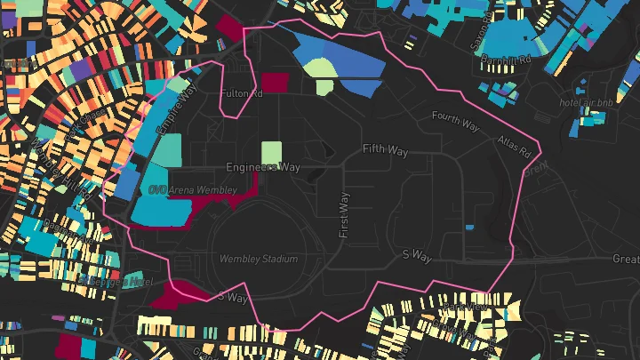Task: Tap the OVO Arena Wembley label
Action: [193, 190]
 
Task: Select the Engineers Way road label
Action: [263, 167]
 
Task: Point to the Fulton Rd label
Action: [242, 92]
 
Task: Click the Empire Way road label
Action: [174, 116]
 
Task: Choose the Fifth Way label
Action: [384, 149]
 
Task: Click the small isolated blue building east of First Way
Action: [469, 228]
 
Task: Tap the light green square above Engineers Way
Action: [271, 152]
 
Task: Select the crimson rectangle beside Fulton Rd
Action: [275, 83]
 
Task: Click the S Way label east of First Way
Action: [417, 256]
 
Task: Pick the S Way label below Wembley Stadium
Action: [233, 298]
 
